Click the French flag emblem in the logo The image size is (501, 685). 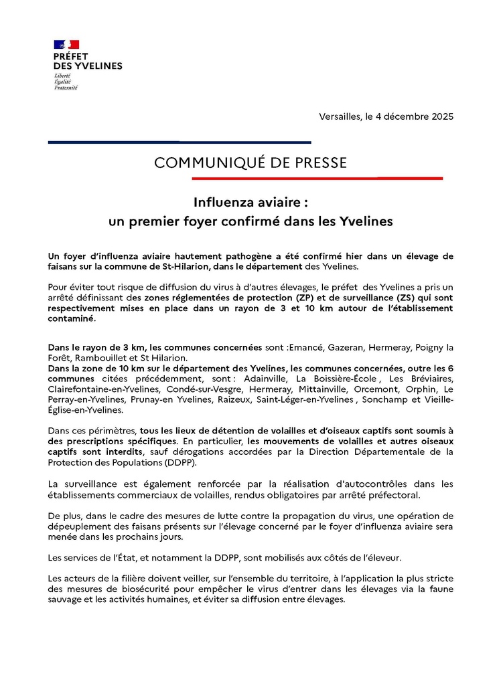(64, 45)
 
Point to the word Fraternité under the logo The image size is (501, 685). (66, 88)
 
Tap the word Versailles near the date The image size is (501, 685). (341, 117)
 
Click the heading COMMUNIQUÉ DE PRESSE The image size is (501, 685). (250, 163)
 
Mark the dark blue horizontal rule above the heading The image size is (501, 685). (180, 142)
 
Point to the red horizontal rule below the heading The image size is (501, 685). (317, 178)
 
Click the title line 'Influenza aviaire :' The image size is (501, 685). (250, 201)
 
